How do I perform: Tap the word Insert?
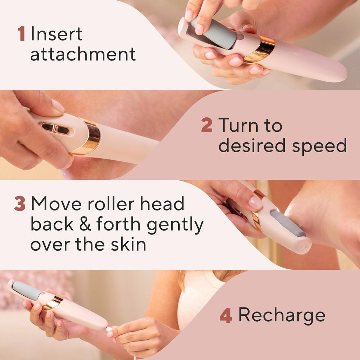(x=56, y=34)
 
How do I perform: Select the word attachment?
(x=83, y=54)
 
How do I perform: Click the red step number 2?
(x=206, y=126)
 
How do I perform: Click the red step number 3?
(x=20, y=204)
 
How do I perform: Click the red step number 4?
(x=225, y=316)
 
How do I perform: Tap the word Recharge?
(x=282, y=315)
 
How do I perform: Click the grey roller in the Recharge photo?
(x=27, y=291)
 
